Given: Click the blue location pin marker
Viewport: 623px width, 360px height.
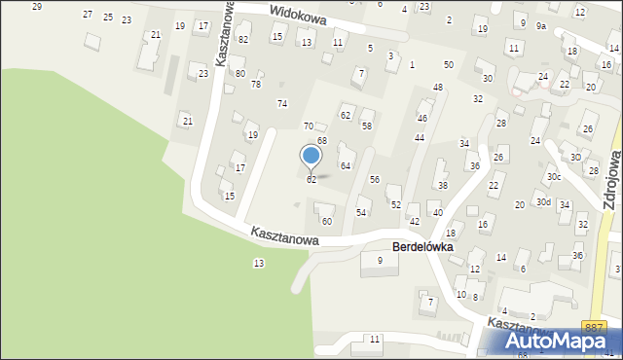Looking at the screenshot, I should [x=311, y=156].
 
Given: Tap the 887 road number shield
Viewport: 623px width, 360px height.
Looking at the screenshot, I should [x=594, y=329].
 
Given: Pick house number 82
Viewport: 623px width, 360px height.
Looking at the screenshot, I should [x=243, y=39].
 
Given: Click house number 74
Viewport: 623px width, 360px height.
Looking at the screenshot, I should [x=282, y=103].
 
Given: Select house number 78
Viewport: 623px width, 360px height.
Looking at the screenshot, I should [x=256, y=84].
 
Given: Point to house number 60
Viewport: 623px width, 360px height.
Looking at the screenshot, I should [x=327, y=221].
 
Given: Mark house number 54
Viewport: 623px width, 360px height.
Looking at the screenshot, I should [x=361, y=212].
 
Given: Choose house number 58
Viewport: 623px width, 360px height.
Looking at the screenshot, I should [x=367, y=126].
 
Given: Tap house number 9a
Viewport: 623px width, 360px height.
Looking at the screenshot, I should [x=541, y=26].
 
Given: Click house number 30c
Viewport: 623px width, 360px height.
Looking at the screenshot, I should [x=553, y=176].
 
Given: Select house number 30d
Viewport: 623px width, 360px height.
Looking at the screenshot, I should [x=542, y=202].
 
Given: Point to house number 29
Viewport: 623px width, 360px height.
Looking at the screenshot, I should [x=37, y=7].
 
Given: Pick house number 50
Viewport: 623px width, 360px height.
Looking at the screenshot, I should [x=448, y=64].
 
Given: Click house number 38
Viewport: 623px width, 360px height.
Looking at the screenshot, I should [x=442, y=185].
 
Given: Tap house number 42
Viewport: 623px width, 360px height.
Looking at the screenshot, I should [x=414, y=221].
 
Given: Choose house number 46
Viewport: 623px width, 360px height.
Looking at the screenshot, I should [x=421, y=118].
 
